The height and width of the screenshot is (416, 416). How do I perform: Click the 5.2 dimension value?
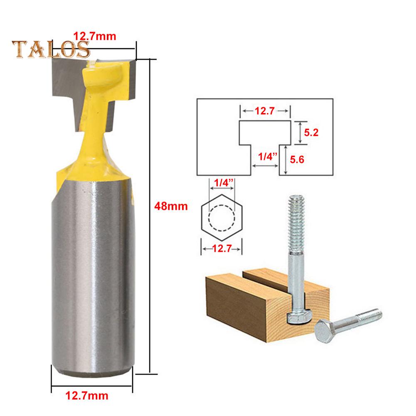click(x=310, y=133)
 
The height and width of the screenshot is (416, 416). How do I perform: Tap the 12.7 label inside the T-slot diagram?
click(x=265, y=111)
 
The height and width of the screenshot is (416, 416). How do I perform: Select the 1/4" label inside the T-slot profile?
click(x=265, y=157)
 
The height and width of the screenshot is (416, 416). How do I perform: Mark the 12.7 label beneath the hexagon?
click(x=222, y=249)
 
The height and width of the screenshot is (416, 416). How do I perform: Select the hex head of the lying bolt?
click(x=326, y=331)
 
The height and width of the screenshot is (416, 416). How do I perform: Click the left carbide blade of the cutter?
click(x=66, y=77)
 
